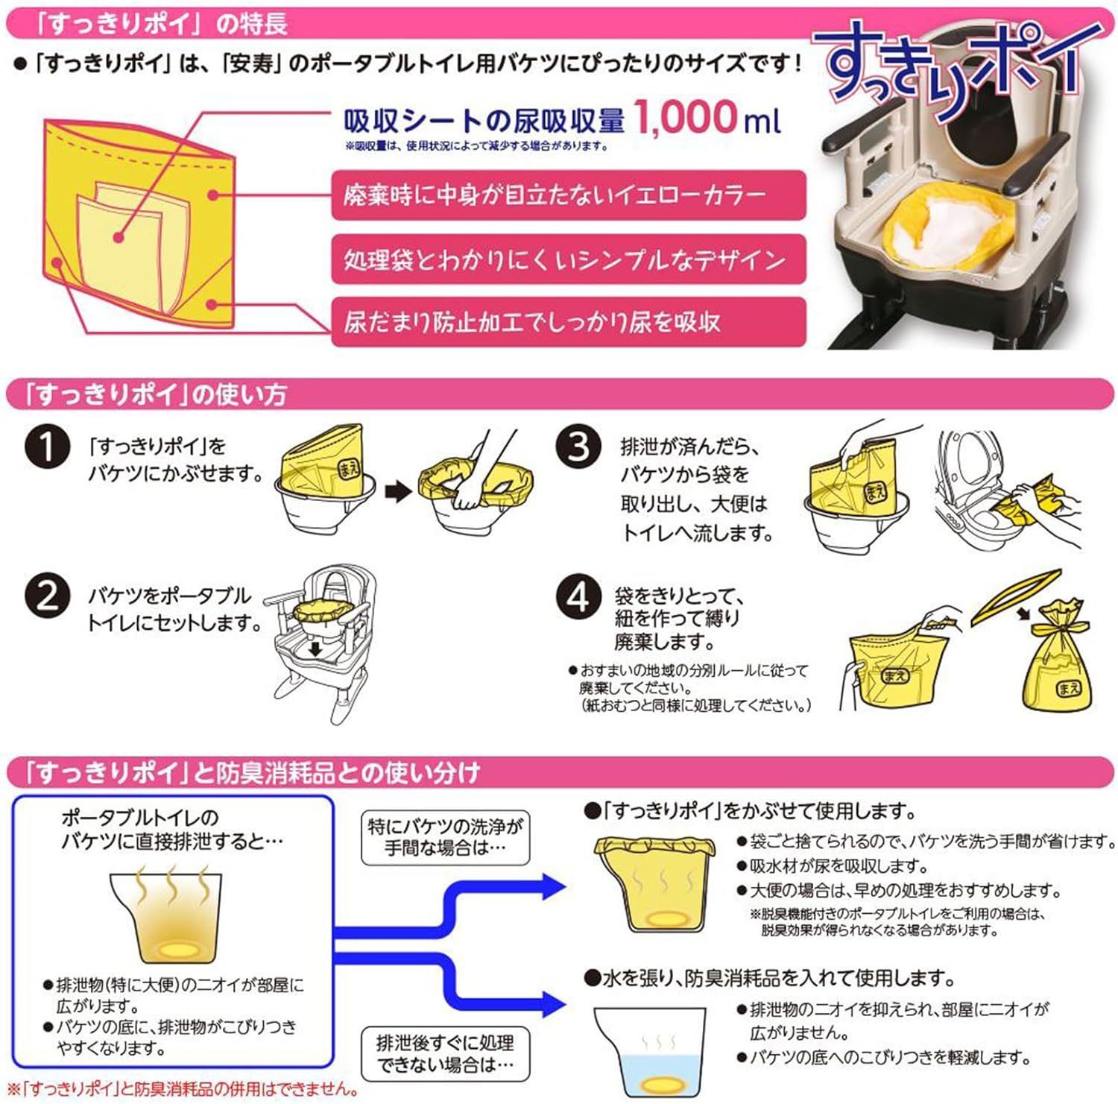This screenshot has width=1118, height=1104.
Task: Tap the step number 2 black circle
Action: click(47, 596)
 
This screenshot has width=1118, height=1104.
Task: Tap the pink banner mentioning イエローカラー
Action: click(568, 195)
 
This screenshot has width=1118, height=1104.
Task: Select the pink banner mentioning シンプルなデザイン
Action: click(568, 259)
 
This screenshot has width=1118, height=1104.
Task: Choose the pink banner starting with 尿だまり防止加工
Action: click(568, 321)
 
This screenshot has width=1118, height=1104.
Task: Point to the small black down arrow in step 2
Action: click(316, 649)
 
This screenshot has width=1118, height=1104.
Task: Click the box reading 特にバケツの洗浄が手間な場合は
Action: click(445, 837)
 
